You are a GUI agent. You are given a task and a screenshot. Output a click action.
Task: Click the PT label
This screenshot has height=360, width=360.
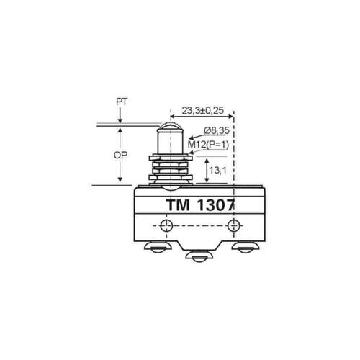click(x=122, y=102)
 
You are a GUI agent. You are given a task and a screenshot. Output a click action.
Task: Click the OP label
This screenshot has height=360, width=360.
click(x=120, y=156)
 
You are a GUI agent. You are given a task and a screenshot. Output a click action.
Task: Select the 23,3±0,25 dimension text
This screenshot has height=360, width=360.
click(x=203, y=111)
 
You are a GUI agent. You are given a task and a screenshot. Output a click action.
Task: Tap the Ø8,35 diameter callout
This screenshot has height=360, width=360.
click(x=217, y=131)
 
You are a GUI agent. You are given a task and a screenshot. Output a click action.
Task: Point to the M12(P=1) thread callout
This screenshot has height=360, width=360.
click(x=208, y=145)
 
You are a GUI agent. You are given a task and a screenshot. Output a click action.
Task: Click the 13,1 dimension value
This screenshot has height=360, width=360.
click(x=217, y=171)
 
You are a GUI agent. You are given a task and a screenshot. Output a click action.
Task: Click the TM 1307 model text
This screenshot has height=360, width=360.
click(x=200, y=205)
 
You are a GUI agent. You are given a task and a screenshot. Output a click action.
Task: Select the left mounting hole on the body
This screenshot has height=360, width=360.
click(x=166, y=225)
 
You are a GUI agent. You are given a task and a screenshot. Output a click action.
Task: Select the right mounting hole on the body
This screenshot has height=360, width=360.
click(x=233, y=225)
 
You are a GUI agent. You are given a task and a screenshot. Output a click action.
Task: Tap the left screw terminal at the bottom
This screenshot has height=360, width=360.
click(x=158, y=247)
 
